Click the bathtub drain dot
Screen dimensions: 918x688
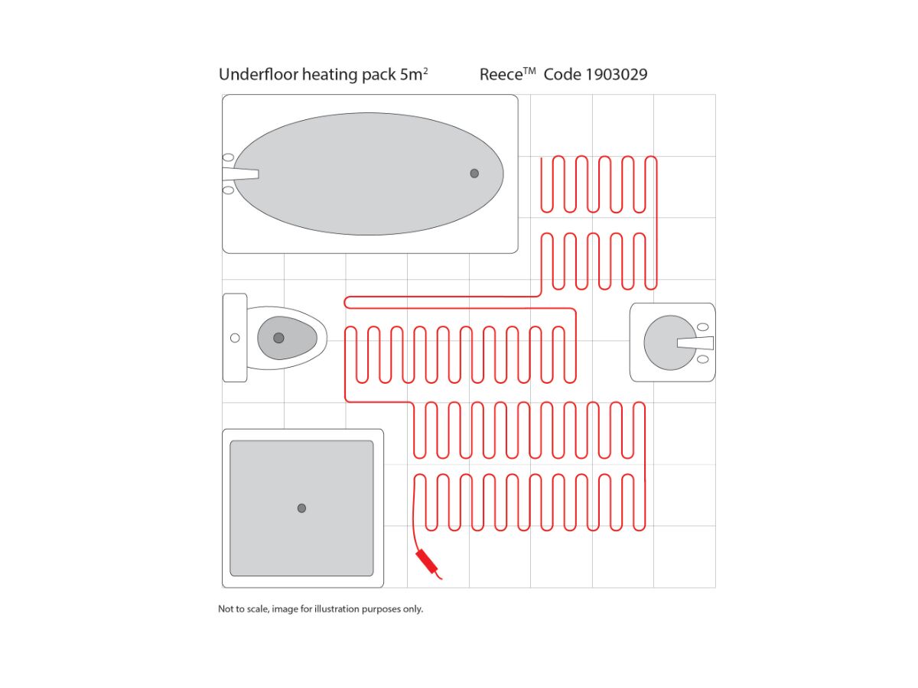click(x=474, y=174)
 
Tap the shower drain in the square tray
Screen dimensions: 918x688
click(x=301, y=508)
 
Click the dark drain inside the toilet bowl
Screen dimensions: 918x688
click(x=278, y=338)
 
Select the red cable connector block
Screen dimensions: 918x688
click(x=427, y=561)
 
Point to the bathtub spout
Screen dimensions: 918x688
click(x=240, y=174)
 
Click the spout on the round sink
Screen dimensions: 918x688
click(x=695, y=343)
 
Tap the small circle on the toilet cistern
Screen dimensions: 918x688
click(x=235, y=338)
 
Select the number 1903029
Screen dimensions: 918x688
click(x=616, y=75)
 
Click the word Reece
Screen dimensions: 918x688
click(x=500, y=75)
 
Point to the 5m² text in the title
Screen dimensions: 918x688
click(x=414, y=74)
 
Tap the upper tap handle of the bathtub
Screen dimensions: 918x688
click(x=228, y=157)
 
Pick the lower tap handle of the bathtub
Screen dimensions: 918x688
click(x=228, y=190)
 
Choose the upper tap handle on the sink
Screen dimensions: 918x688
click(x=702, y=327)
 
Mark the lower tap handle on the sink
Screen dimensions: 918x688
click(x=702, y=359)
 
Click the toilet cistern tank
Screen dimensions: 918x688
click(x=235, y=338)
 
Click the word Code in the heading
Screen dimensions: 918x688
click(x=562, y=75)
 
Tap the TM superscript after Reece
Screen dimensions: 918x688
click(x=529, y=71)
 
